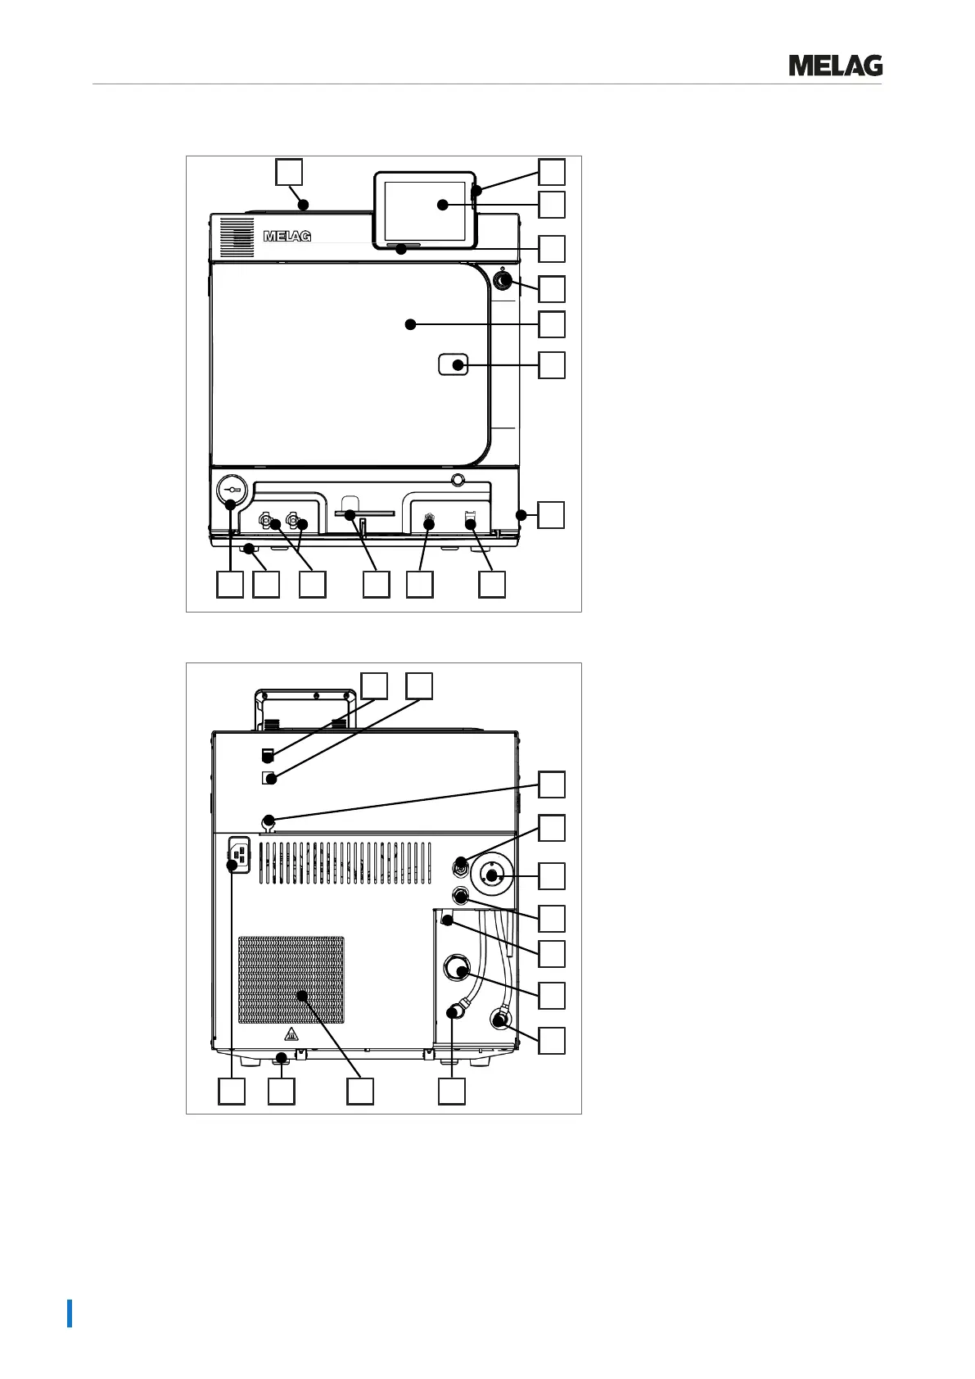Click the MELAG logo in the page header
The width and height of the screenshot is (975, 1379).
coord(835,66)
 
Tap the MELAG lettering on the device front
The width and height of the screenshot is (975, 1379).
coord(287,237)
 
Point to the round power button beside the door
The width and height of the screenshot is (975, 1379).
coord(501,281)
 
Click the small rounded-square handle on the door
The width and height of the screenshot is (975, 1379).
coord(454,364)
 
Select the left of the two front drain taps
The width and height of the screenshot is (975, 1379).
coord(266,522)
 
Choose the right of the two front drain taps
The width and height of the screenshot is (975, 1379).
coord(293,522)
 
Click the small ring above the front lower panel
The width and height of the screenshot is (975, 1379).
coord(458,478)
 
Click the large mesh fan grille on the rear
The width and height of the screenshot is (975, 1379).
coord(291,980)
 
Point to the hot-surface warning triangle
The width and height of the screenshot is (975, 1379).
coord(292,1035)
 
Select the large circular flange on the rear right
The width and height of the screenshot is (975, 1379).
coord(491,875)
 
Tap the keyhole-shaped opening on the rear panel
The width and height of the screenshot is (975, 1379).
coord(267,822)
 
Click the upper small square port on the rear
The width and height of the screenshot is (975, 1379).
coord(266,754)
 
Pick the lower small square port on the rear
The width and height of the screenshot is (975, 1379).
coord(266,779)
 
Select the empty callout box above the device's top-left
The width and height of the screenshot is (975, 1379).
coord(288,172)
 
